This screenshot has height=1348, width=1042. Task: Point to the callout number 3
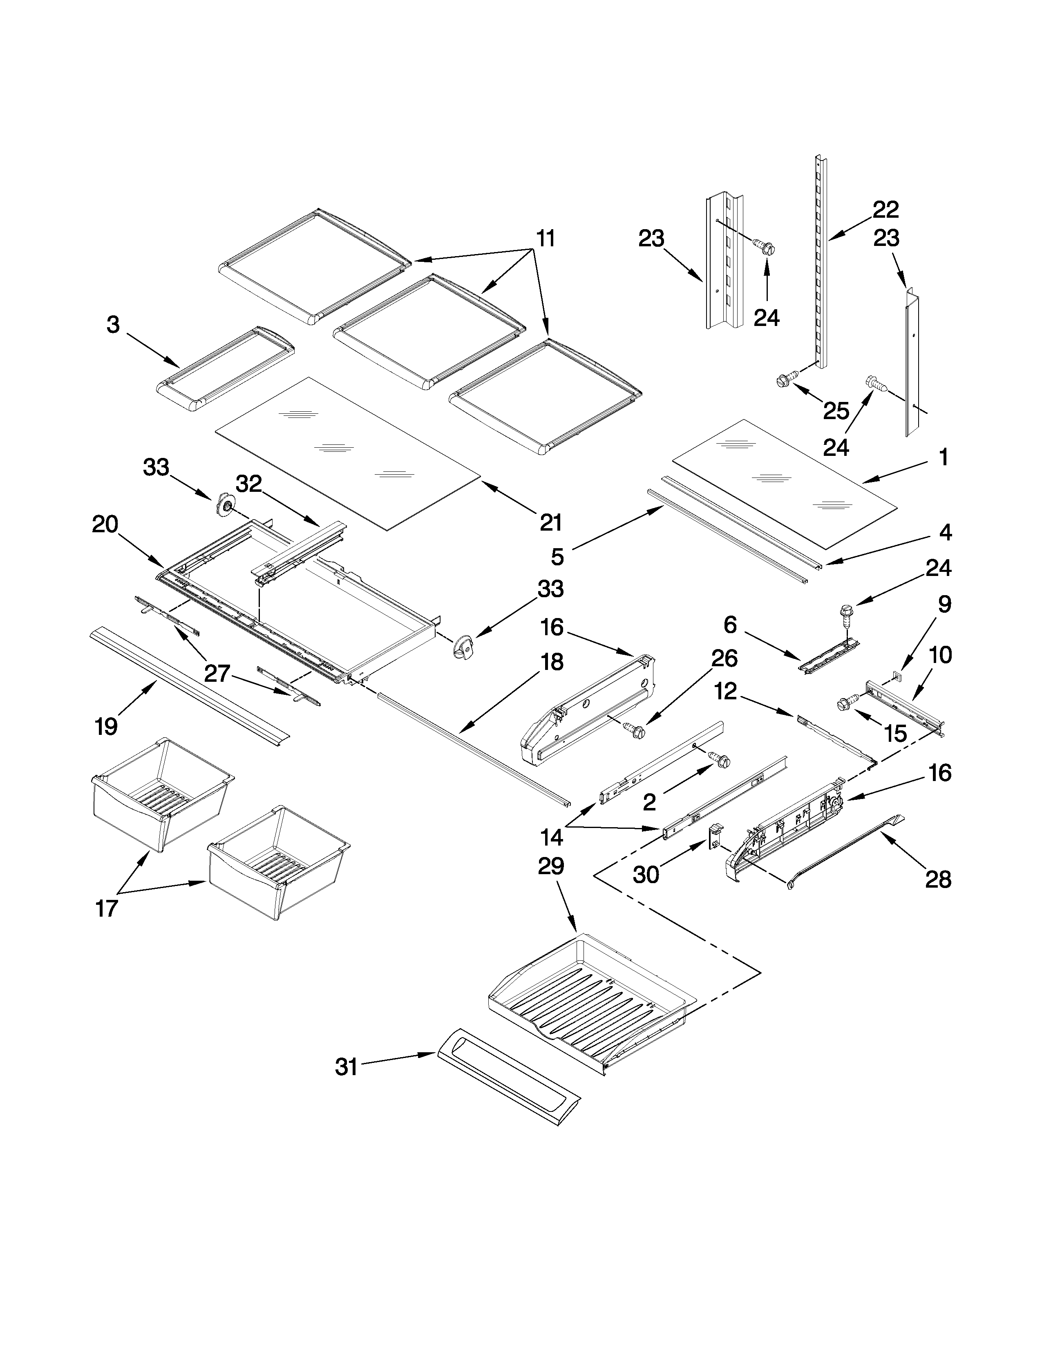113,325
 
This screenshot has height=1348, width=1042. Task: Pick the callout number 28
938,879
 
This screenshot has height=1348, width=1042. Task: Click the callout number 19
106,726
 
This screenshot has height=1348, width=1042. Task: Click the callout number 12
726,692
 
